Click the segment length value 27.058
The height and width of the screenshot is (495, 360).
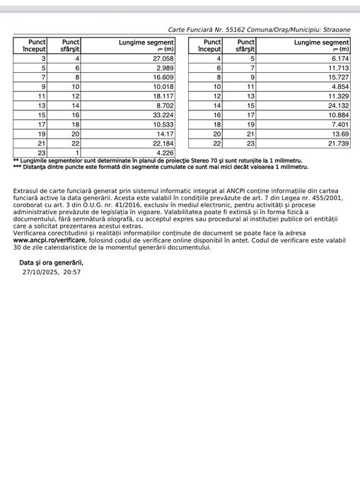click(161, 59)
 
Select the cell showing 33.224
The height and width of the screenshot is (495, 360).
click(161, 115)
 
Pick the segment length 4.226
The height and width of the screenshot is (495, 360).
click(163, 152)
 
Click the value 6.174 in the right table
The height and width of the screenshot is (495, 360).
click(339, 59)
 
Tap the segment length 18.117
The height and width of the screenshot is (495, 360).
click(161, 96)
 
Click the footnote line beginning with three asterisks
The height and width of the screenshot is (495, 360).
click(161, 167)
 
